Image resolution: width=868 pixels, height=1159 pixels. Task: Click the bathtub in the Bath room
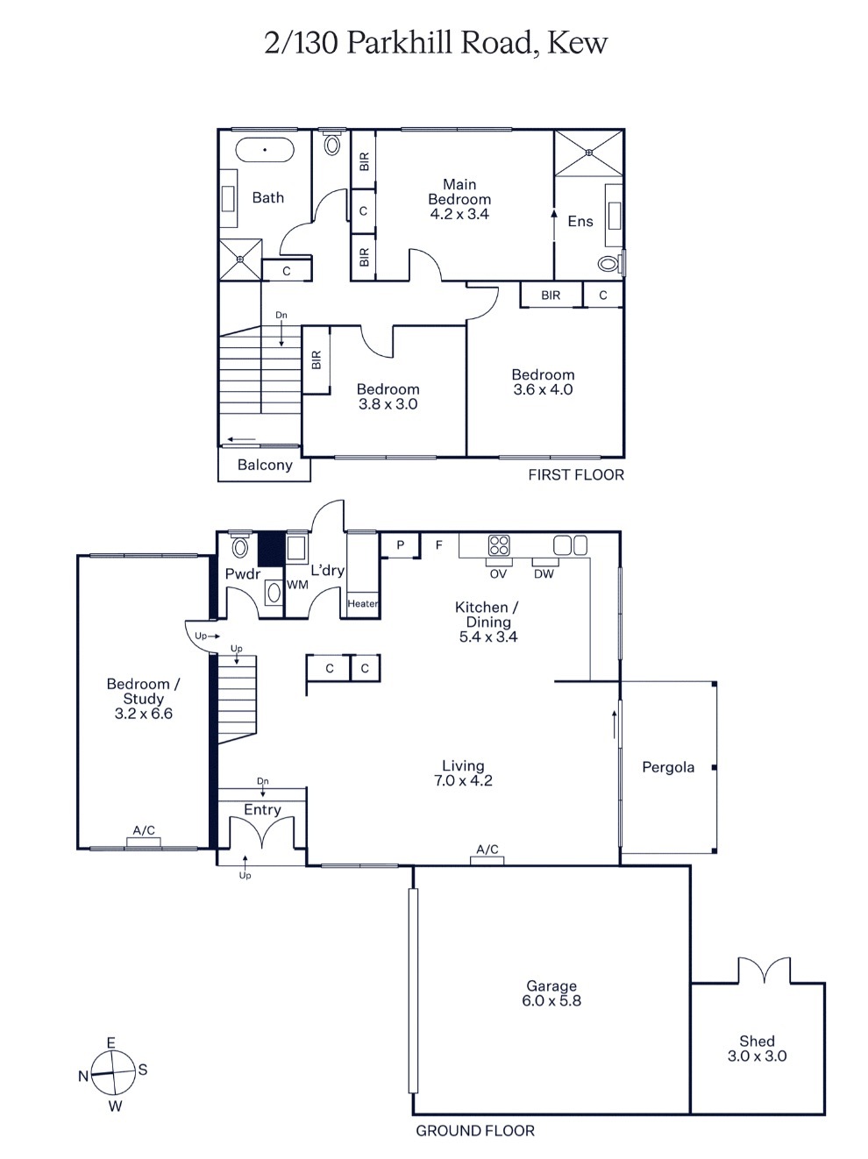click(x=264, y=150)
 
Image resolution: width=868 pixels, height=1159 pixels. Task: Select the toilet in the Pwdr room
click(x=240, y=547)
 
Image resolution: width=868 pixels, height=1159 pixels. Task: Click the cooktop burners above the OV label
click(x=498, y=545)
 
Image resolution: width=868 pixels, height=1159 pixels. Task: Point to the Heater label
click(x=362, y=603)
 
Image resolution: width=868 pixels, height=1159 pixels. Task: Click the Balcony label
click(x=265, y=465)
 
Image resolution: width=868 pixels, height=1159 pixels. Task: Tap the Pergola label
click(x=668, y=767)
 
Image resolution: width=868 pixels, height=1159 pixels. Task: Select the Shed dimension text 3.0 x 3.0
click(x=758, y=1056)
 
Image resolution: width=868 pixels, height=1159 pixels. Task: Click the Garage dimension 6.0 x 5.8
click(x=551, y=1000)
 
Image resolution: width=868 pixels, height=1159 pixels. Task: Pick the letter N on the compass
click(x=83, y=1076)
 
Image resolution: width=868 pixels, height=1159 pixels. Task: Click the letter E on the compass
click(x=110, y=1042)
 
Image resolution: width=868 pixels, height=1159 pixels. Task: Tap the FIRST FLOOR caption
click(x=576, y=474)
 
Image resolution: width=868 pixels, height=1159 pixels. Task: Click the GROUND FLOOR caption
click(x=475, y=1130)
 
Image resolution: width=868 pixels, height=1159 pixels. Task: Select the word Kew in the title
click(x=578, y=42)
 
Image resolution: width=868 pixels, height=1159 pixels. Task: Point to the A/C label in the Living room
click(x=487, y=849)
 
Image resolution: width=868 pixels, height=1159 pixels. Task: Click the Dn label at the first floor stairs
click(x=281, y=316)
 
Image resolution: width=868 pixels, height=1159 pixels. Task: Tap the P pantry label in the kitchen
click(x=400, y=544)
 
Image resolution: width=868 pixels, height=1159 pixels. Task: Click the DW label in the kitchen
click(x=544, y=574)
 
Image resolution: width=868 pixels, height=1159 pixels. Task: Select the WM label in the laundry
click(x=297, y=585)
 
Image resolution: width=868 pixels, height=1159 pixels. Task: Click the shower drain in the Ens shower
click(x=588, y=153)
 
